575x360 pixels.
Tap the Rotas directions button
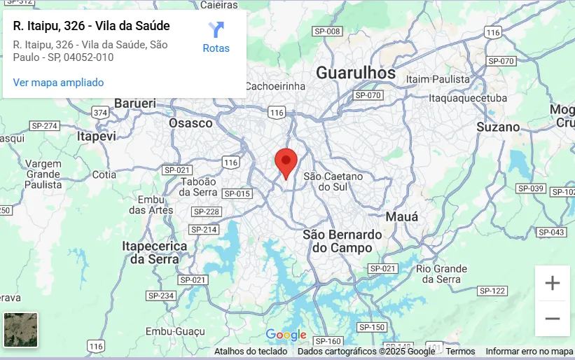pyautogui.click(x=216, y=38)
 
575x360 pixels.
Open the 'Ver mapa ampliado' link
pyautogui.click(x=58, y=83)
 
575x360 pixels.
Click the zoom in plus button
pyautogui.click(x=553, y=283)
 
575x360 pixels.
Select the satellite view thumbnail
pyautogui.click(x=21, y=330)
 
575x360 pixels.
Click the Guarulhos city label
pyautogui.click(x=355, y=73)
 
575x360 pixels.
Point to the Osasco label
pyautogui.click(x=190, y=123)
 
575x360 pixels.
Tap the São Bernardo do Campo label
pyautogui.click(x=342, y=241)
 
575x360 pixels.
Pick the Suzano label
pyautogui.click(x=498, y=127)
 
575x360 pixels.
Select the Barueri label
pyautogui.click(x=134, y=103)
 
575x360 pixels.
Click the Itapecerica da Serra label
pyautogui.click(x=154, y=252)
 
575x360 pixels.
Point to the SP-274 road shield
pyautogui.click(x=45, y=125)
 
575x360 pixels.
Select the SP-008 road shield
pyautogui.click(x=327, y=32)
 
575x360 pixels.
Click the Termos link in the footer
pyautogui.click(x=460, y=352)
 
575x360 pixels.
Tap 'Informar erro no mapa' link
pyautogui.click(x=529, y=352)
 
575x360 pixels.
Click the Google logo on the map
pyautogui.click(x=286, y=335)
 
